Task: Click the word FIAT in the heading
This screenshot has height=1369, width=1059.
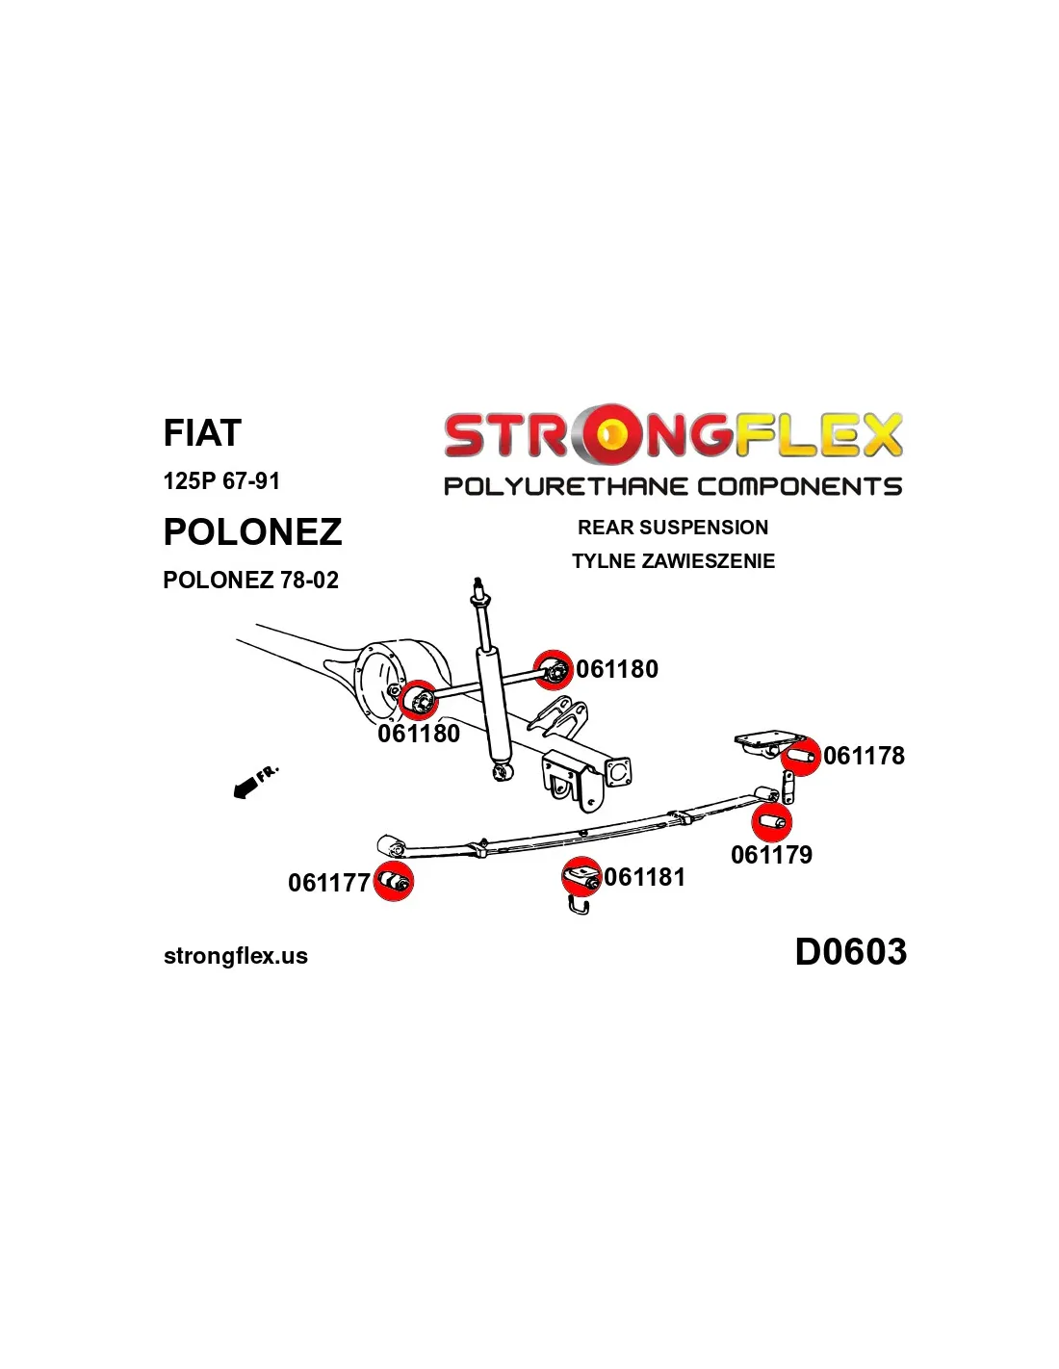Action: tap(202, 433)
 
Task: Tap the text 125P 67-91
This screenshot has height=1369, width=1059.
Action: tap(221, 480)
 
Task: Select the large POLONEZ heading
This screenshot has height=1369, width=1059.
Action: tap(252, 532)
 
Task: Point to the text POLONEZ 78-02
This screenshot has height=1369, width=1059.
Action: tap(250, 580)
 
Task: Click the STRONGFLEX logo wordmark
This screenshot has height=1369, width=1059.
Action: tap(672, 435)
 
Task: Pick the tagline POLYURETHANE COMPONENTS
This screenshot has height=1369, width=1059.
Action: tap(672, 486)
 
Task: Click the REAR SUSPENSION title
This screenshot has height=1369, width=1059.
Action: tap(672, 528)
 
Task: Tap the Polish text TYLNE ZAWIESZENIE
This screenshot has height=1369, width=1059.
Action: tap(672, 560)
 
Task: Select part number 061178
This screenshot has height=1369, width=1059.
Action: tap(864, 756)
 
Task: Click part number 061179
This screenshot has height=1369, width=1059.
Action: tap(771, 855)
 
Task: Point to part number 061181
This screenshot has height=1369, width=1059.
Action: tap(644, 877)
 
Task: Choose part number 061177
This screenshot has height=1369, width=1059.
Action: tap(328, 883)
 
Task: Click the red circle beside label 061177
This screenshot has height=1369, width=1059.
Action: tap(393, 881)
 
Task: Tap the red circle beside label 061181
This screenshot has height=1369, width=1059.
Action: tap(581, 876)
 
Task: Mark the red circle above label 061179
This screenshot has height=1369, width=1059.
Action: tap(771, 822)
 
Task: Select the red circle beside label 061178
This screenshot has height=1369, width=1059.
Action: tap(800, 756)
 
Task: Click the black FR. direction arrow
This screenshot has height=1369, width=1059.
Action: tap(246, 787)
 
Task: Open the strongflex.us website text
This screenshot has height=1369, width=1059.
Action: tap(236, 956)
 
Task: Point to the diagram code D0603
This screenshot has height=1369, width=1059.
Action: tap(850, 952)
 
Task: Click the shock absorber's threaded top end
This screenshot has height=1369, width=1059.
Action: tap(478, 589)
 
